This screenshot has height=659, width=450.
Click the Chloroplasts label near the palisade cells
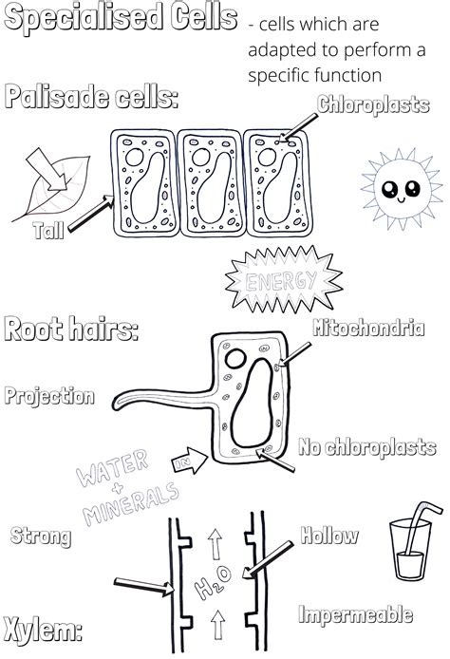pos(373,104)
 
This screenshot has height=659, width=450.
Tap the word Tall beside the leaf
pos(48,231)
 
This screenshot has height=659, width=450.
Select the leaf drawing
pos(52,188)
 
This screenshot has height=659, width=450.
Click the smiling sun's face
pos(402,189)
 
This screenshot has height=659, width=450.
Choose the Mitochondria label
pos(368,329)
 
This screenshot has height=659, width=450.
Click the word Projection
pos(49,397)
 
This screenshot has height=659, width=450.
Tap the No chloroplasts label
pos(366,447)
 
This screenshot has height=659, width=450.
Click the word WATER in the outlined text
pos(112,467)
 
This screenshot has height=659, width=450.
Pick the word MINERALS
pos(131,503)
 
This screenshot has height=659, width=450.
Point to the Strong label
pos(41,537)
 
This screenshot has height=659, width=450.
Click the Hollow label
pos(329,536)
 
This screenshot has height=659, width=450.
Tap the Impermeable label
pos(355,614)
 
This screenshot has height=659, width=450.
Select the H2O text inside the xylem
pos(213,582)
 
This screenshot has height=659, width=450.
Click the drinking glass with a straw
pos(414,542)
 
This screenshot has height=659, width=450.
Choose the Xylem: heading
pos(43,630)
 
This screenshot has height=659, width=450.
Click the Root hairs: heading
pos(71,329)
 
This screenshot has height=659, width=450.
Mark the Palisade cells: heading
pos(91,97)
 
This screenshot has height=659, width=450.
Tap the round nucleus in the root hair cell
pos(235,359)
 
